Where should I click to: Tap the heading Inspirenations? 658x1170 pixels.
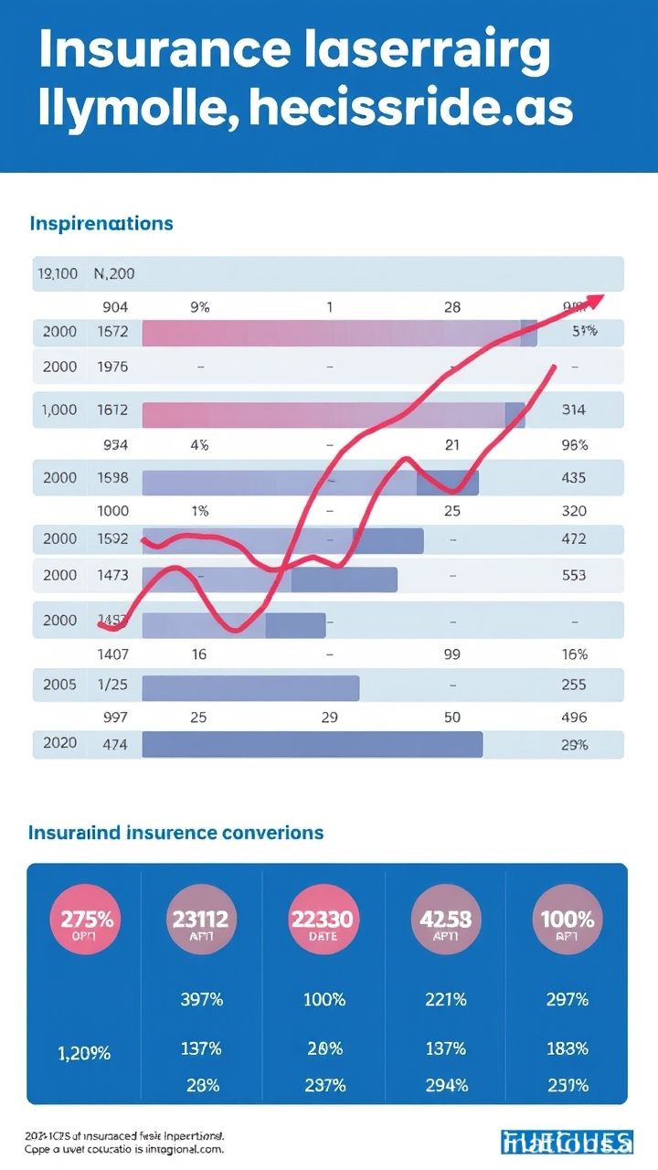pyautogui.click(x=101, y=223)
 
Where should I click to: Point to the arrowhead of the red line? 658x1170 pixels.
pyautogui.click(x=595, y=300)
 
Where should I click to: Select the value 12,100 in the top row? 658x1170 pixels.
pyautogui.click(x=57, y=272)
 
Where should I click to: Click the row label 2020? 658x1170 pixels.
pyautogui.click(x=60, y=744)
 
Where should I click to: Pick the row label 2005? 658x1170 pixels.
pyautogui.click(x=60, y=683)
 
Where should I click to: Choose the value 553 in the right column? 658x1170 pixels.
pyautogui.click(x=573, y=576)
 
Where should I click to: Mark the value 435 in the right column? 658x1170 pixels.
pyautogui.click(x=573, y=477)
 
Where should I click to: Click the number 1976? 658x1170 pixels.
pyautogui.click(x=112, y=367)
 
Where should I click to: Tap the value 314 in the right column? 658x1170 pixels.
pyautogui.click(x=573, y=410)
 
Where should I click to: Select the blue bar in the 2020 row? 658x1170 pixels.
pyautogui.click(x=312, y=744)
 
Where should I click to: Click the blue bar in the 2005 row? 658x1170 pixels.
pyautogui.click(x=250, y=687)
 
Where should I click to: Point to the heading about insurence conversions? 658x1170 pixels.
pyautogui.click(x=176, y=833)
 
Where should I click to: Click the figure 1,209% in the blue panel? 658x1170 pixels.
pyautogui.click(x=84, y=1053)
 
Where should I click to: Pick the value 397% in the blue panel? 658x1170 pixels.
pyautogui.click(x=201, y=1000)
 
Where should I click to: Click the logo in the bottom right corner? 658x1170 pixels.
pyautogui.click(x=567, y=1142)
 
